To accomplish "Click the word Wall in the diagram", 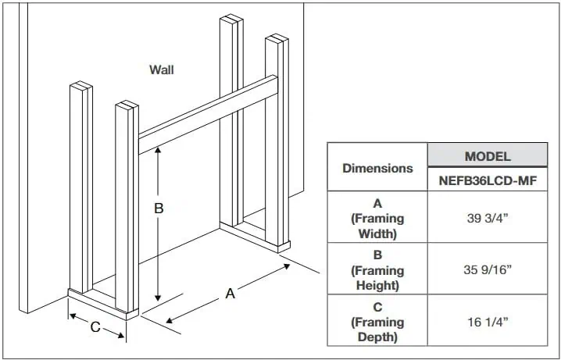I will coord(162,70).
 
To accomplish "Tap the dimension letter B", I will coord(158,209).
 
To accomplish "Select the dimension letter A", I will coord(230,294).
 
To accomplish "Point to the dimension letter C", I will coord(95,327).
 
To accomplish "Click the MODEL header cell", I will coord(487,156).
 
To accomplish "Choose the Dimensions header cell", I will coord(377,168).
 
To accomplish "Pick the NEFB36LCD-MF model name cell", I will coord(487,181).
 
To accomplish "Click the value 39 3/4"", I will coord(487,218).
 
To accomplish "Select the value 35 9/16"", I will coord(487,269).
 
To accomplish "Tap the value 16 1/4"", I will coord(487,321).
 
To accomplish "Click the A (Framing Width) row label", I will coord(377,218).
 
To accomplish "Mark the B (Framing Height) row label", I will coord(377,269).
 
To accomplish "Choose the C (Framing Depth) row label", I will coord(377,321).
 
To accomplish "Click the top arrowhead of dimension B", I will coord(158,151).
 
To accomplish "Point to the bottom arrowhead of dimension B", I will coord(158,299).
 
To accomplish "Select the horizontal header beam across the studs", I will coord(208,113).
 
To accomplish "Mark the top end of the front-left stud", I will coord(80,85).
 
